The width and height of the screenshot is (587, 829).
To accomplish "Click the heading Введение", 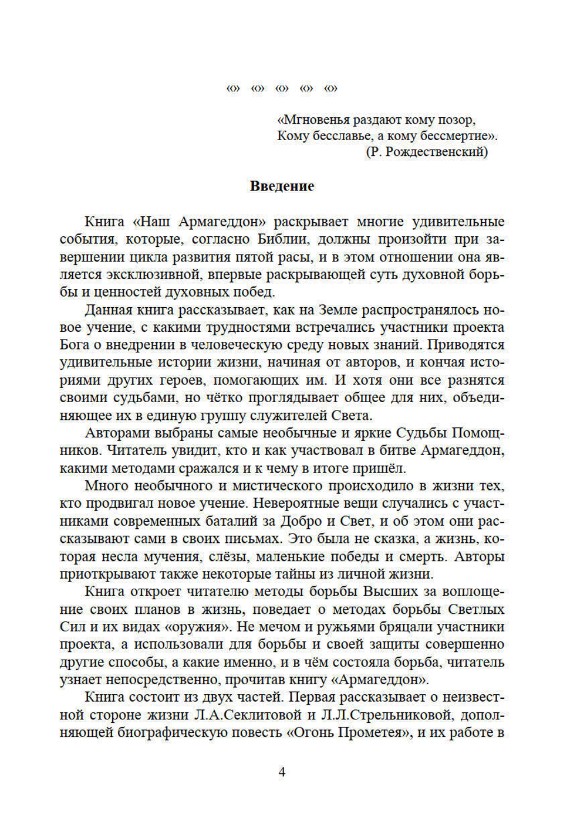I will click(282, 186).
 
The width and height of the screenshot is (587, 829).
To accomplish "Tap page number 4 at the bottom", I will click(282, 772).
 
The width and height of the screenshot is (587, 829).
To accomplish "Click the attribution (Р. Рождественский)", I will click(427, 152).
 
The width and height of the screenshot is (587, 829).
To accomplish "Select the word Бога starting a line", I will click(75, 345).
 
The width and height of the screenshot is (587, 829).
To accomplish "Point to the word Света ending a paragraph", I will click(352, 416).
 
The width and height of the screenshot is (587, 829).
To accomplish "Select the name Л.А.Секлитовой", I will click(251, 715).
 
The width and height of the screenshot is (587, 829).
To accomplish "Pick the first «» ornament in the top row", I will click(233, 89).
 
